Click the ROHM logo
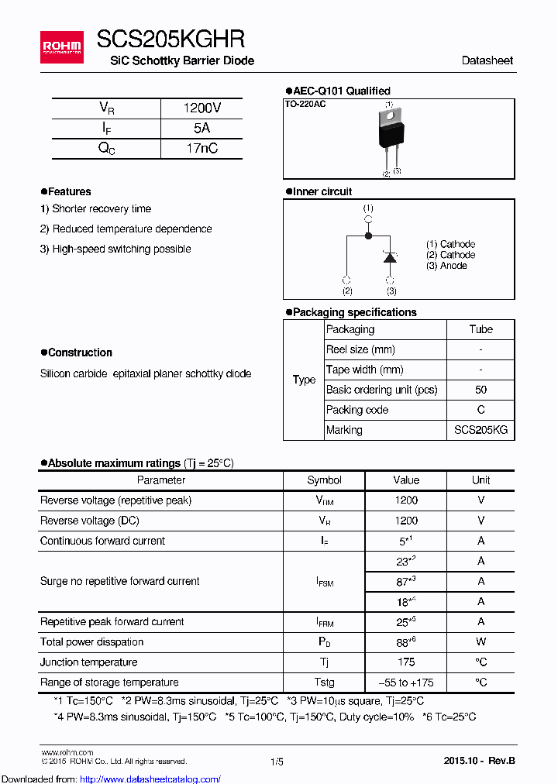(x=62, y=47)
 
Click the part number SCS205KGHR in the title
(x=170, y=40)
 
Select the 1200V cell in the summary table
(x=201, y=108)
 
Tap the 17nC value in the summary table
(x=201, y=149)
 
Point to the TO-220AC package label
(x=305, y=104)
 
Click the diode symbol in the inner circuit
(x=391, y=257)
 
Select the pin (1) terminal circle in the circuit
(x=368, y=219)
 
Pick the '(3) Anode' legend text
(x=446, y=266)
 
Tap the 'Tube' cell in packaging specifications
(x=480, y=329)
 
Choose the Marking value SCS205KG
(x=480, y=430)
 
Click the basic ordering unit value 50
(x=480, y=390)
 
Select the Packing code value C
(x=480, y=410)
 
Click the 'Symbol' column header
(x=324, y=480)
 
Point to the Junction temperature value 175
(x=405, y=662)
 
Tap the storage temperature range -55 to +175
(x=405, y=683)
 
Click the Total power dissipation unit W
(x=480, y=642)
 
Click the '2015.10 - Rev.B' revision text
(x=479, y=762)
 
